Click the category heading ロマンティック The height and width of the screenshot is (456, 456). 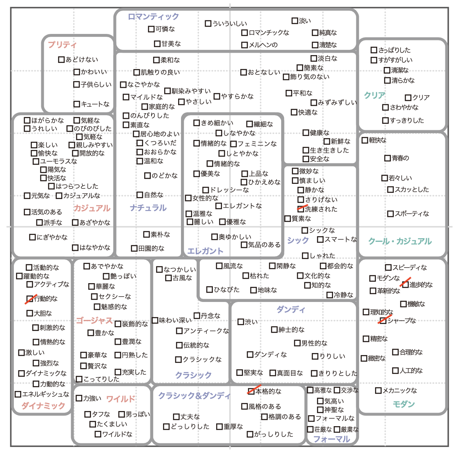153,17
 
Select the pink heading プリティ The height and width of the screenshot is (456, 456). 62,45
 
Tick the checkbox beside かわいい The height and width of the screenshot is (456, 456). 76,72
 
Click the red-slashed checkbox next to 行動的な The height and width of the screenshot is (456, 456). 30,299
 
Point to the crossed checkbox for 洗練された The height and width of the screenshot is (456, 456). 301,209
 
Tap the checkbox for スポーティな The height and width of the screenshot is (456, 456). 390,214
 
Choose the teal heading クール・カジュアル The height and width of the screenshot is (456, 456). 400,241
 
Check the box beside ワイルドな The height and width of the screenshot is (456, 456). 98,434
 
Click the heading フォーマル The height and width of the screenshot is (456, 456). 332,439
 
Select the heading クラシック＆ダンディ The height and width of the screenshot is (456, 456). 194,396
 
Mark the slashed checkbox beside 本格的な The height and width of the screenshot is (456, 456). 251,391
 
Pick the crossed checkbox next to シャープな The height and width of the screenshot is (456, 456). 383,320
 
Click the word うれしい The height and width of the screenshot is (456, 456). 45,129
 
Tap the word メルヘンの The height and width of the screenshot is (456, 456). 263,45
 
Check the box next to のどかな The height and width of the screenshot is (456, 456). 148,176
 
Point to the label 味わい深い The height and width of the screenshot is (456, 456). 175,320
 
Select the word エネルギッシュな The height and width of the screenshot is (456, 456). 46,394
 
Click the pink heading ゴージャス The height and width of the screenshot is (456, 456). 94,320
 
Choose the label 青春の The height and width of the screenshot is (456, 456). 400,158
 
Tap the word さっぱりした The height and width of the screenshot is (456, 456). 394,50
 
